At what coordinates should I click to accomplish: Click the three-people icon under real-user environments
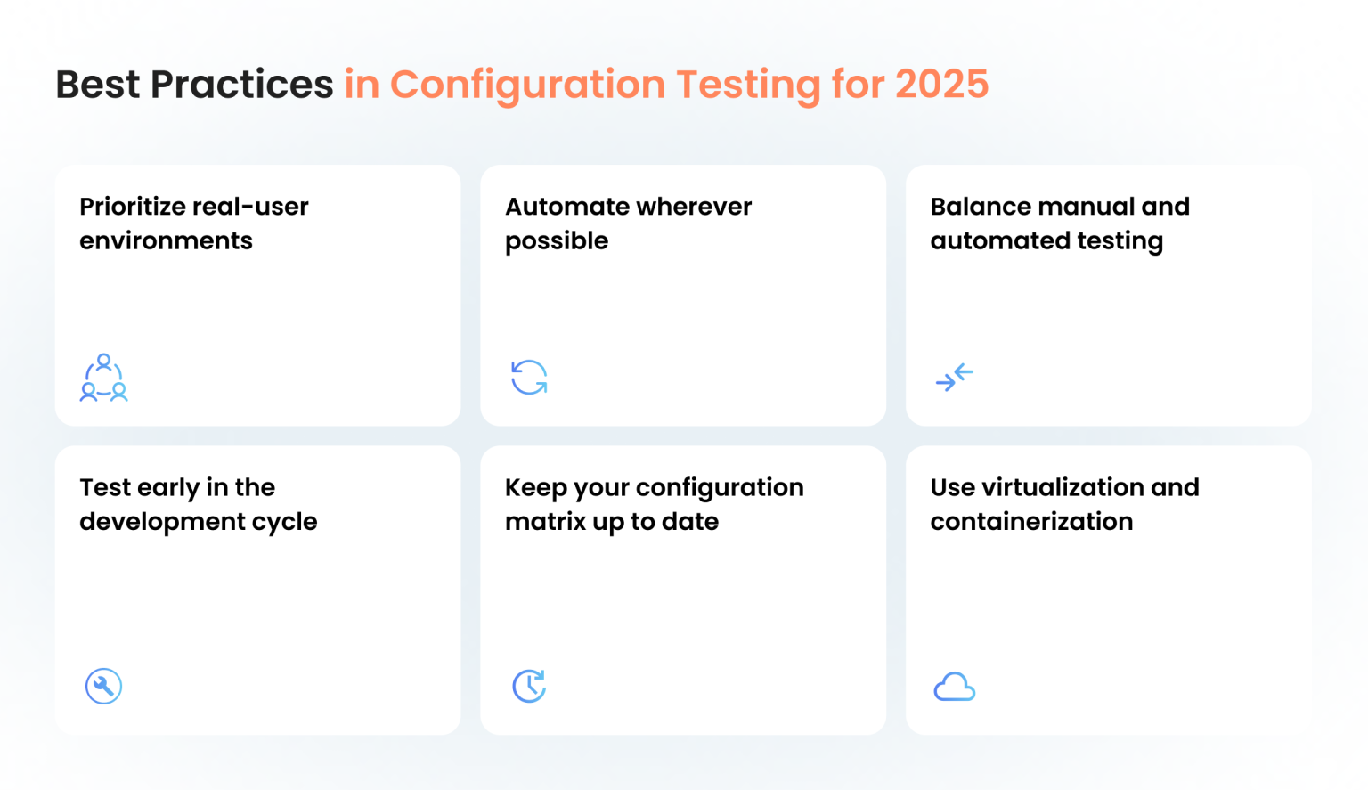[x=104, y=378]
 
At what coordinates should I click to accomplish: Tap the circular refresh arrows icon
[x=529, y=377]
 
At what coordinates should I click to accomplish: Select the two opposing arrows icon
[x=954, y=378]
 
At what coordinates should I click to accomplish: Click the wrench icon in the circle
[x=103, y=686]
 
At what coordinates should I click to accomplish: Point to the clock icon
[x=529, y=686]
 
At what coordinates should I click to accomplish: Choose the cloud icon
[x=954, y=687]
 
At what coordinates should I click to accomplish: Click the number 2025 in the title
[x=941, y=85]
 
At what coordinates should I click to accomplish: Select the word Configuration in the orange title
[x=527, y=85]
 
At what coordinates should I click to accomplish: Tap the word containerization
[x=1031, y=521]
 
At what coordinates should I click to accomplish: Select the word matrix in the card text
[x=545, y=521]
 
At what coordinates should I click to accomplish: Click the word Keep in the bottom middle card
[x=535, y=487]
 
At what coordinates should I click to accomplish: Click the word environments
[x=166, y=240]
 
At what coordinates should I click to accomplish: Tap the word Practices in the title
[x=241, y=85]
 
